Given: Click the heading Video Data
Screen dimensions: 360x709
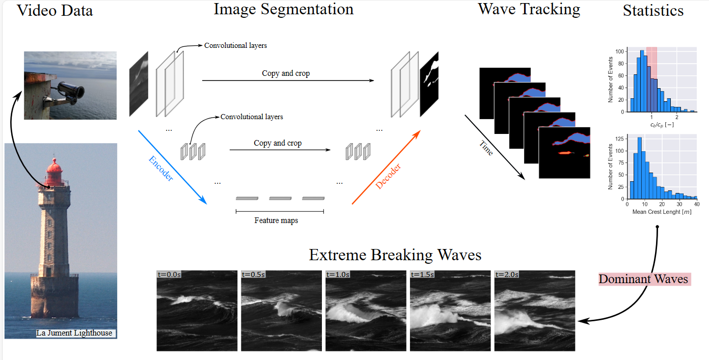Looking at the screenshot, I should point(55,10).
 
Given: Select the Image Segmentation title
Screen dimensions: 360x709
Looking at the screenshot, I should point(283,9).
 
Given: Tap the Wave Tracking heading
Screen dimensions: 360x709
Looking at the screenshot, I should point(529,9).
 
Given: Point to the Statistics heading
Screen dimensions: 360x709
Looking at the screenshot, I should point(653,11).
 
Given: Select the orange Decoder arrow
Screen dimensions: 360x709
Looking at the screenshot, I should point(387,168).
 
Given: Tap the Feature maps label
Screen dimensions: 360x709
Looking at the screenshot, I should point(276,220).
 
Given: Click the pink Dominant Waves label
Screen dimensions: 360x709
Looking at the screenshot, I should point(643,279).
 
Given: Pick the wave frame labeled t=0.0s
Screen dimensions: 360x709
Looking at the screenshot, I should point(197,311).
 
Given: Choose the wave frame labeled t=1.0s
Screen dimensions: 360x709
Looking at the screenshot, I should point(366,311).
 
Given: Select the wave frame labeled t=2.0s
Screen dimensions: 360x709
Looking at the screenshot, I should point(534,311).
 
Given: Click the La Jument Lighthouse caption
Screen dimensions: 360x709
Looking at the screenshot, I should point(74,334).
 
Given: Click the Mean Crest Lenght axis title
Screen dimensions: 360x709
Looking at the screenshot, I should point(662,211).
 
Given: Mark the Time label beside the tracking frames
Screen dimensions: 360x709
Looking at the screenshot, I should point(486,147).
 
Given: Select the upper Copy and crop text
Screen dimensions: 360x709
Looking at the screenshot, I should point(286,73).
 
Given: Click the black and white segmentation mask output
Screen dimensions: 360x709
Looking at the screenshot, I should point(429,84).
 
